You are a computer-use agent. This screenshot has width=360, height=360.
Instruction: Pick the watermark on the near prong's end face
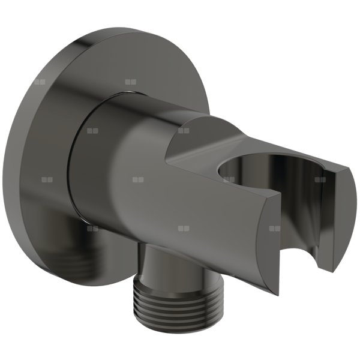pyautogui.click(x=275, y=229)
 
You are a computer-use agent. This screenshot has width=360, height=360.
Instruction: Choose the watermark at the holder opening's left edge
pyautogui.click(x=229, y=179)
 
